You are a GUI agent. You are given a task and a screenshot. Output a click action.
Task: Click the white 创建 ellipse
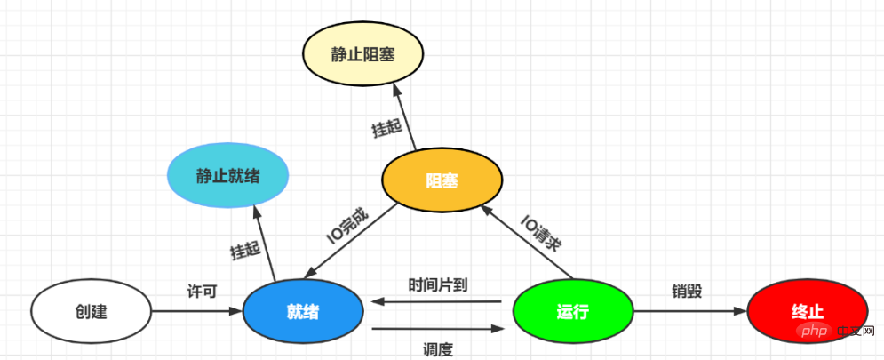point(91,312)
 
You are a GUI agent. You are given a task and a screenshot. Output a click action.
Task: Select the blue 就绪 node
point(303,312)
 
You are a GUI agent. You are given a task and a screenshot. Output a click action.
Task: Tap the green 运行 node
point(573,312)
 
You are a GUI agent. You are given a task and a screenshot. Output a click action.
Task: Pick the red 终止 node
point(807,312)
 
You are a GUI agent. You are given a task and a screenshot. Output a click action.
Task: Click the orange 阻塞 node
point(442,180)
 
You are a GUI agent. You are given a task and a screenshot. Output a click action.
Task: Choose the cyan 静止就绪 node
point(228,175)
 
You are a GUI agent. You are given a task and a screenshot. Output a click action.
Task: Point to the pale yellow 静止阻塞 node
point(362,54)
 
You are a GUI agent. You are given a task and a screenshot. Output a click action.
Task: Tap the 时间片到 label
point(438,284)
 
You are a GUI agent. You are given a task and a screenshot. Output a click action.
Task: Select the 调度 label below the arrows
point(438,349)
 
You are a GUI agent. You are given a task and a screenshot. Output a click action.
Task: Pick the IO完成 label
point(346,228)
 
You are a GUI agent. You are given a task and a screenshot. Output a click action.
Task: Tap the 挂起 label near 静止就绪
point(245,251)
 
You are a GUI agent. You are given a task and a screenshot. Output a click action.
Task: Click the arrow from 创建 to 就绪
point(196,312)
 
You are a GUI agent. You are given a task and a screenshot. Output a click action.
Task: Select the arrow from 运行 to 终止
point(689,312)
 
